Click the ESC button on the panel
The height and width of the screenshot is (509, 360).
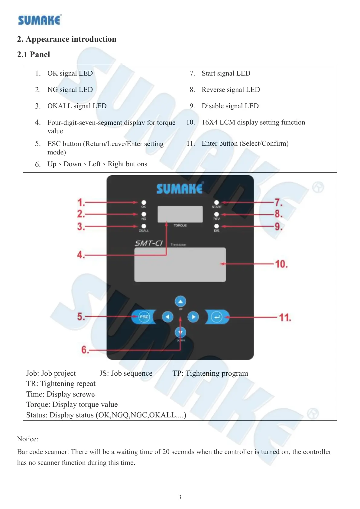coord(144,317)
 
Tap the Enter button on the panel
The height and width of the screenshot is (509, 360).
coord(217,317)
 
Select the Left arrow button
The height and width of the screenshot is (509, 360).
coord(167,317)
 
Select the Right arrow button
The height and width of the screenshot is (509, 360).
coord(193,317)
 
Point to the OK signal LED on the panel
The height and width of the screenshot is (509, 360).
coord(144,202)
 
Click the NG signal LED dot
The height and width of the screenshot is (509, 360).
coord(144,214)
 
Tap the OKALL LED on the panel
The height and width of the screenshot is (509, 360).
coord(144,226)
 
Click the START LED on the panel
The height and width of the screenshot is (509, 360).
coord(216,202)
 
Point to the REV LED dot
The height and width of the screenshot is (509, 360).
coord(216,214)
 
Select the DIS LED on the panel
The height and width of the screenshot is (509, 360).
coord(216,226)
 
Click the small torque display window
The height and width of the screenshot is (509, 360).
coord(180,214)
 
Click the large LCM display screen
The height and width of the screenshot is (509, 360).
coord(180,265)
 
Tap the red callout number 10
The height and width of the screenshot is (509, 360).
coord(281,264)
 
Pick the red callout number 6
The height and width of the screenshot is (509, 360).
coord(85,350)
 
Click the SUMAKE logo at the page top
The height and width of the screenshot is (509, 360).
coord(40,20)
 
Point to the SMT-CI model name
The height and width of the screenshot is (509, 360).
coord(149,243)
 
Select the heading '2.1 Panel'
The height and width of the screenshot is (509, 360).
coord(34,54)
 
